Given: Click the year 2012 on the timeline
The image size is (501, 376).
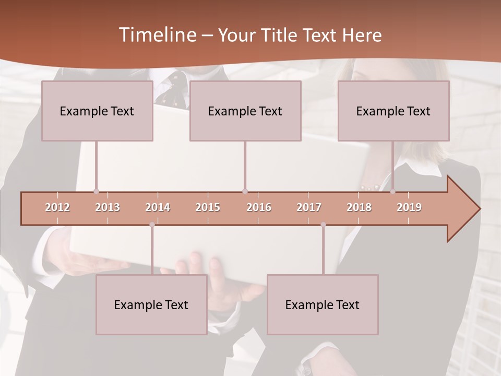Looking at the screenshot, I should (57, 207).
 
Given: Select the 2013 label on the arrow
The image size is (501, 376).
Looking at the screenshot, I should (108, 207).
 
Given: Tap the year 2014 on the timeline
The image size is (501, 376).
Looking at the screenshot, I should (158, 207).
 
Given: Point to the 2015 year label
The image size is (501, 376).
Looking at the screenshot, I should (208, 207).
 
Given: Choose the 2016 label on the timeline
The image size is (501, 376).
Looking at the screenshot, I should (259, 207).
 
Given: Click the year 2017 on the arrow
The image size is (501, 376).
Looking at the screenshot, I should (309, 207).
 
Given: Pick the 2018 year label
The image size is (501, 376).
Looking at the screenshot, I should (359, 207).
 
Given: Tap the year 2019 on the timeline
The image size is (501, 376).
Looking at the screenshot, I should (409, 207).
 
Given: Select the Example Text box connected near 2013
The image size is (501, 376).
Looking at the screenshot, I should (97, 111).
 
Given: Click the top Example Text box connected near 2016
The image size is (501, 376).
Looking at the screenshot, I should (245, 111).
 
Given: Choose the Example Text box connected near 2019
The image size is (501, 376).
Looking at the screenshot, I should (393, 111).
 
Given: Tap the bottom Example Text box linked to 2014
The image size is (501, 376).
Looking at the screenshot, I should (151, 304).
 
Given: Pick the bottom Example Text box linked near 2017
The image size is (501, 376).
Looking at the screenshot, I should (323, 304).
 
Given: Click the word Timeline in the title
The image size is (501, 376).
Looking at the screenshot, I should (157, 35).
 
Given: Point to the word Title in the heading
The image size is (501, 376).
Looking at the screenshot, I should (280, 36).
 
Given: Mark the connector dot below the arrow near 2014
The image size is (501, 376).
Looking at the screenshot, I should (152, 225).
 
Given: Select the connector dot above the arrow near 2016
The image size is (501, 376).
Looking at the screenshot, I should (245, 191).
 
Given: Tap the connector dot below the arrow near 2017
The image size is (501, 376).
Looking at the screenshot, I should (323, 225).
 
